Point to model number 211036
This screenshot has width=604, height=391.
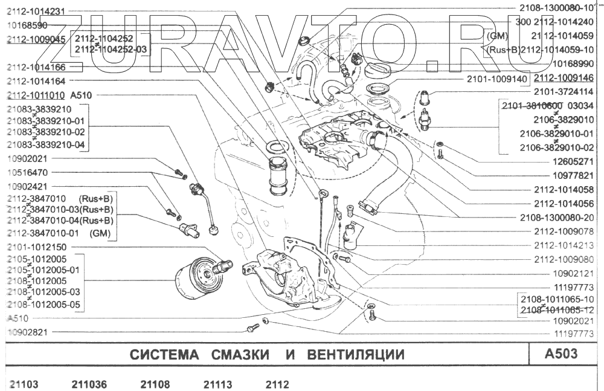(x=89, y=384)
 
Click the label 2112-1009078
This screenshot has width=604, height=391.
(x=564, y=231)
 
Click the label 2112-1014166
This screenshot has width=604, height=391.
(x=36, y=67)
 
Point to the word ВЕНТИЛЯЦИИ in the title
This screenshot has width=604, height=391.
(x=354, y=355)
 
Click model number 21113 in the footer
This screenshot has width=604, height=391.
(x=218, y=384)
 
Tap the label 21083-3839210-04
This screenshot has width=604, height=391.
(x=47, y=145)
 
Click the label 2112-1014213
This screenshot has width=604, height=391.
(x=564, y=245)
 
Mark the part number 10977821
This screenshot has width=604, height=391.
(x=571, y=176)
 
